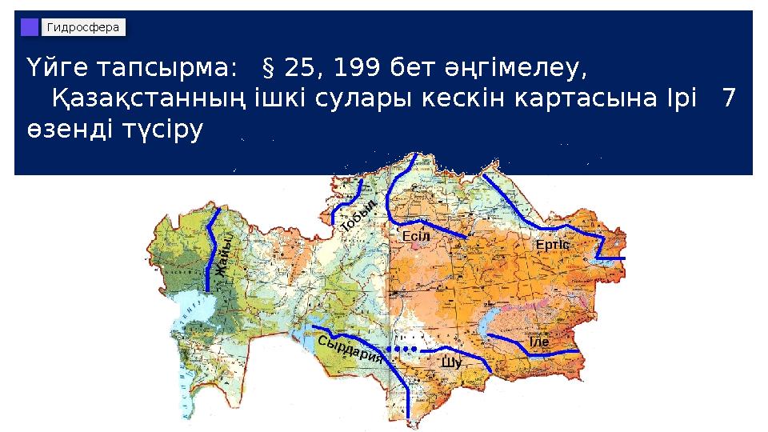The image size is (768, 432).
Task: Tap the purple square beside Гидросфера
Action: [x=30, y=28]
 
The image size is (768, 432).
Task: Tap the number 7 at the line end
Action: [x=728, y=100]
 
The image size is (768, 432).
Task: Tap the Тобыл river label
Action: [x=358, y=214]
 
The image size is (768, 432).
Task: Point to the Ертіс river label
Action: [x=552, y=242]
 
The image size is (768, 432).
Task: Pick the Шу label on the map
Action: [x=451, y=364]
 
